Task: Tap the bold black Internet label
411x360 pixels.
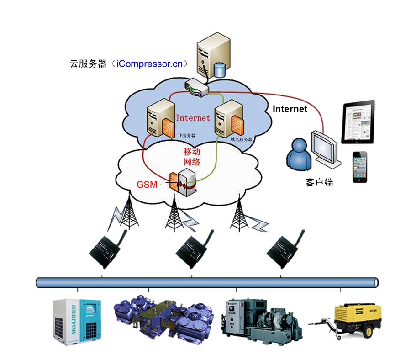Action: pos(290,109)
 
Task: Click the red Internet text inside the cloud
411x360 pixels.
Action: pos(193,118)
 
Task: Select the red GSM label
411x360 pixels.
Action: pos(147,185)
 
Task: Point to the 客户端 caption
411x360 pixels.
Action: pos(319,183)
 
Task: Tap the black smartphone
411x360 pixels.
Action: pos(359,167)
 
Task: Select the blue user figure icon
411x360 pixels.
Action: pos(299,155)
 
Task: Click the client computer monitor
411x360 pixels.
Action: pos(325,146)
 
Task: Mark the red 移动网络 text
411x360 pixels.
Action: pos(192,157)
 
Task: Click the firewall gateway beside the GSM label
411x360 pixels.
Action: pos(181,182)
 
